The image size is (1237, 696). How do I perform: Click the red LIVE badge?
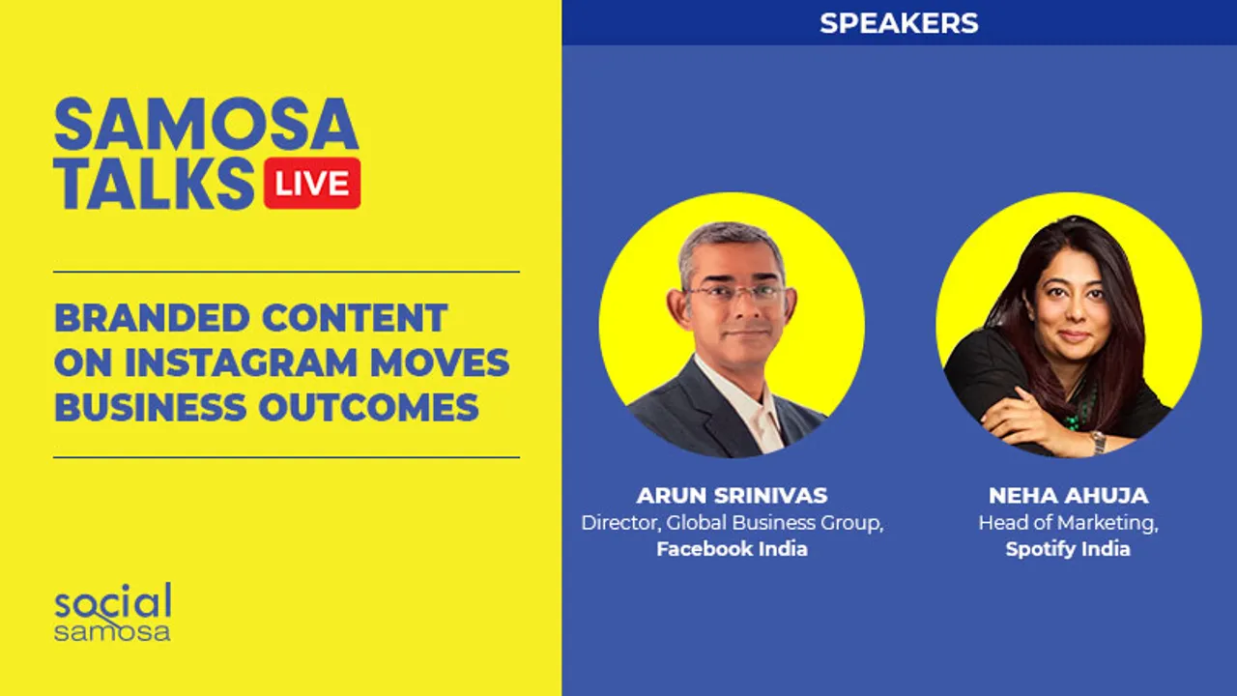coord(312,183)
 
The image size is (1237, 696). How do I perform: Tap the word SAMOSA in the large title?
coord(207,125)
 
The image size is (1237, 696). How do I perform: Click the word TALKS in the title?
coord(155,184)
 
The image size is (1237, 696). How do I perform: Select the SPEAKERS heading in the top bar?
coord(899,23)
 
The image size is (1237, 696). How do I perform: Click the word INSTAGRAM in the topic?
coord(241,362)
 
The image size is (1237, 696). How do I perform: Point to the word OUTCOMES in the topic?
coord(368,407)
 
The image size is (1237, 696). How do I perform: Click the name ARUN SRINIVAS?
coord(732,496)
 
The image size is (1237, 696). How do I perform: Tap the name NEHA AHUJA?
coord(1069,496)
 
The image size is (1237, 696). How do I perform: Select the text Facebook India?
coord(732,549)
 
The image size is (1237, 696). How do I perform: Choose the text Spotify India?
coord(1068,549)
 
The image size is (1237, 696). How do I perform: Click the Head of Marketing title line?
coord(1068,523)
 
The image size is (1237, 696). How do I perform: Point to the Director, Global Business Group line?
coord(733,523)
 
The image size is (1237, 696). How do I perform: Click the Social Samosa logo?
coord(113,612)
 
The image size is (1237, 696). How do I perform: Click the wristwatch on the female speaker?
coord(1098,442)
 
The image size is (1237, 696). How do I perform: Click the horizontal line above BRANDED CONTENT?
coord(287,272)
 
